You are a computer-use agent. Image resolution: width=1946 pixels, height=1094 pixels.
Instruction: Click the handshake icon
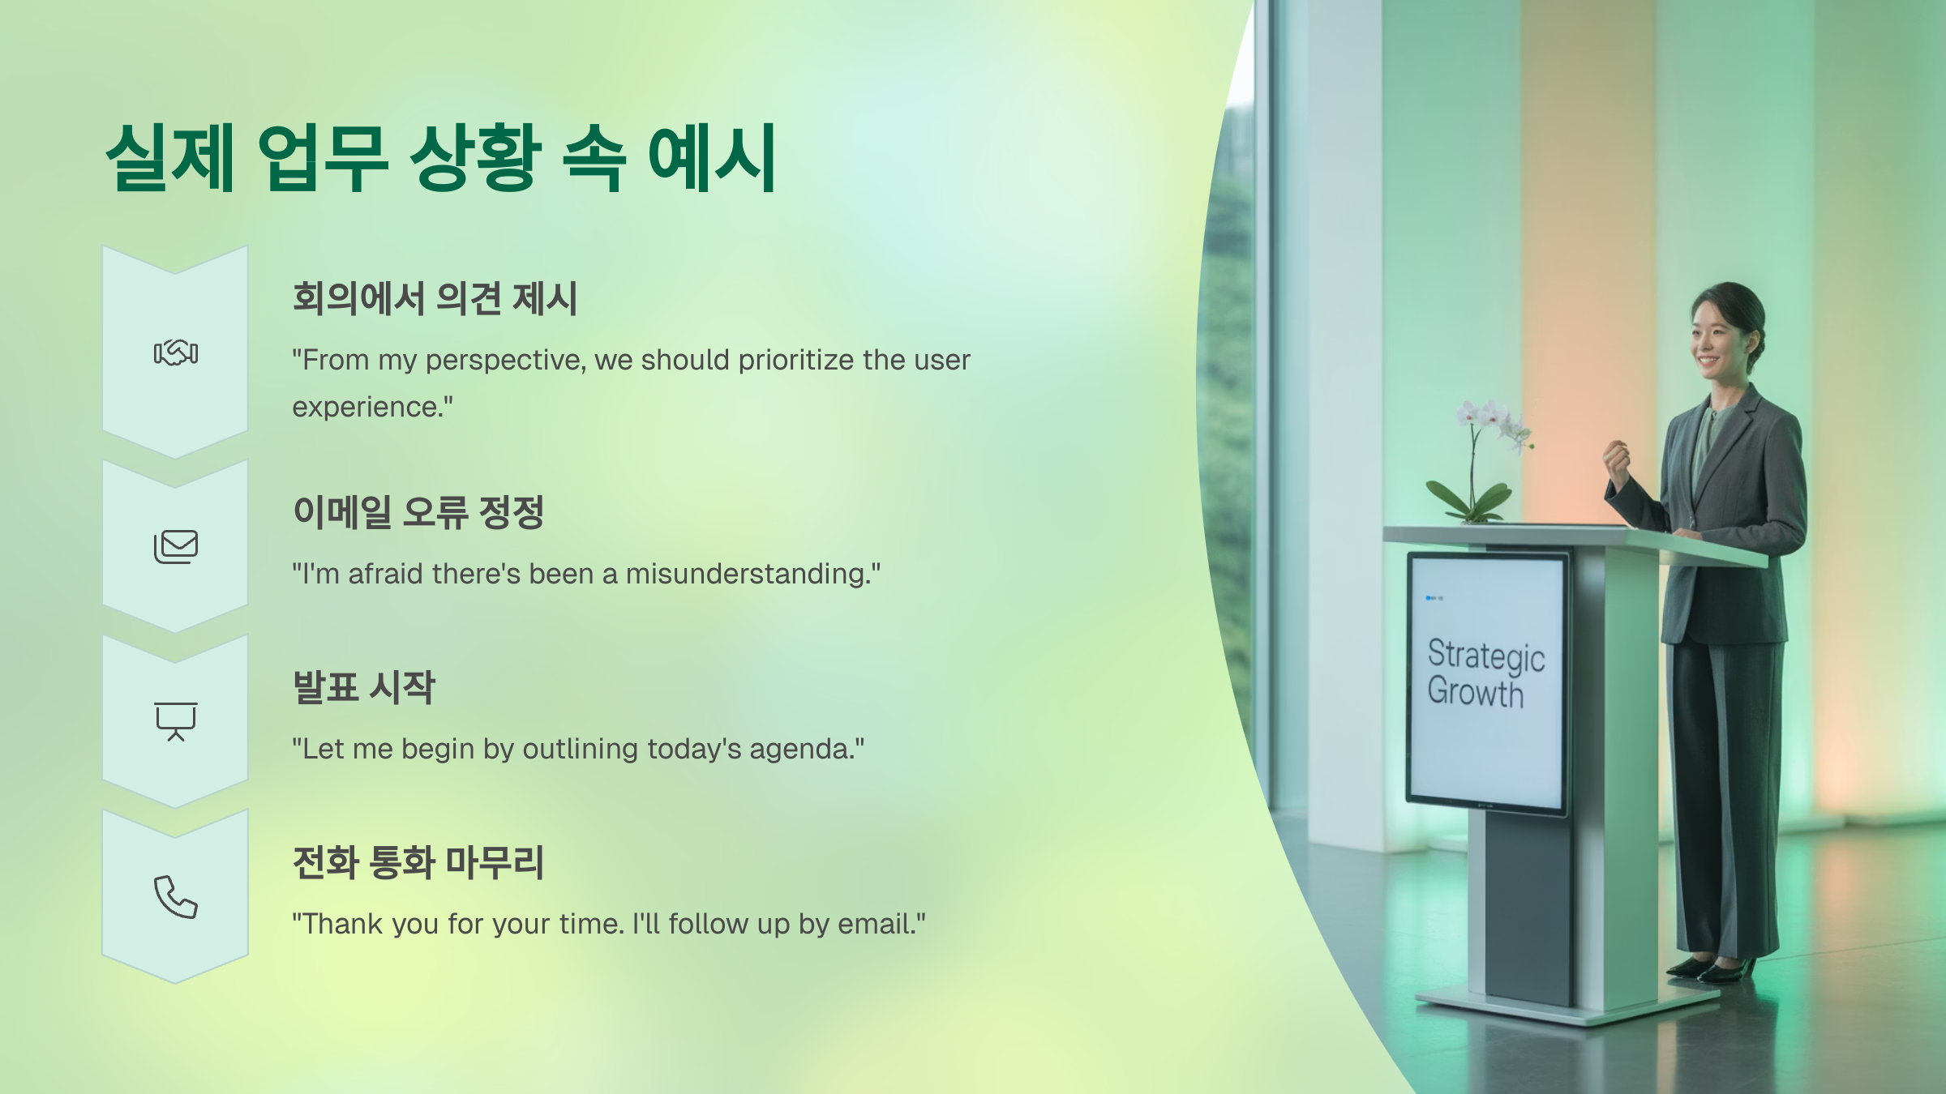pos(176,353)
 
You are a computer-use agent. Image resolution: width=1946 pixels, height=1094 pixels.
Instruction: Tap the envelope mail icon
pos(176,547)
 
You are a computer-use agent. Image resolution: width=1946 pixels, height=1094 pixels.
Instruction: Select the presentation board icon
pos(176,721)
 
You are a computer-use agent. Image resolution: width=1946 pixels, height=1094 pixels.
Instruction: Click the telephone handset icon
pos(176,897)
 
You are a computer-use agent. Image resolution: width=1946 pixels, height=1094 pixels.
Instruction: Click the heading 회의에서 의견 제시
pos(435,298)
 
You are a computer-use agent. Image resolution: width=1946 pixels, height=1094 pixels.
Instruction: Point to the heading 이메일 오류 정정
pos(418,512)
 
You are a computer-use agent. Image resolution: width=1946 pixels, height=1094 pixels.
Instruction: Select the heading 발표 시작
pos(364,687)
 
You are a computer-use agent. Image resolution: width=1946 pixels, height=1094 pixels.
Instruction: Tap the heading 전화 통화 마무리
pos(418,862)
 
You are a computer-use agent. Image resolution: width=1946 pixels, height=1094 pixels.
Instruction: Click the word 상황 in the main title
pos(476,157)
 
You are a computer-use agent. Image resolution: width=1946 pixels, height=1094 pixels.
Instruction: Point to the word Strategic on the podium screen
pos(1486,656)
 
